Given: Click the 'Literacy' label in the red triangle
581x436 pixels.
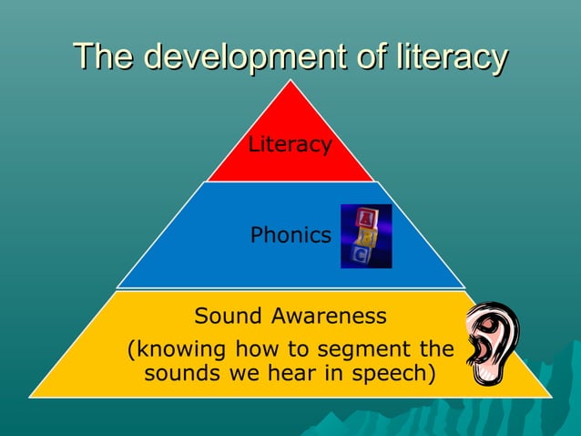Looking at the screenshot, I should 290,144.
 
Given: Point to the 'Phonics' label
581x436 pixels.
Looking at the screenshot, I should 290,235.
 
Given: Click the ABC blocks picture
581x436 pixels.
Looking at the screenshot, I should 366,236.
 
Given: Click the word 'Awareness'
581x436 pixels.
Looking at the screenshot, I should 329,317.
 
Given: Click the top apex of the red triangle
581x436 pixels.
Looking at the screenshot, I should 290,81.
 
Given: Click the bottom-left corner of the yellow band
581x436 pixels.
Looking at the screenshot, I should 32,396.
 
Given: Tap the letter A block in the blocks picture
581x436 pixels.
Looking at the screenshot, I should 366,217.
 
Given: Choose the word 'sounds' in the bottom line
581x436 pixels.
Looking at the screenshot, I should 178,373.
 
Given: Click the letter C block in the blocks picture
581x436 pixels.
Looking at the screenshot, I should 361,254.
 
